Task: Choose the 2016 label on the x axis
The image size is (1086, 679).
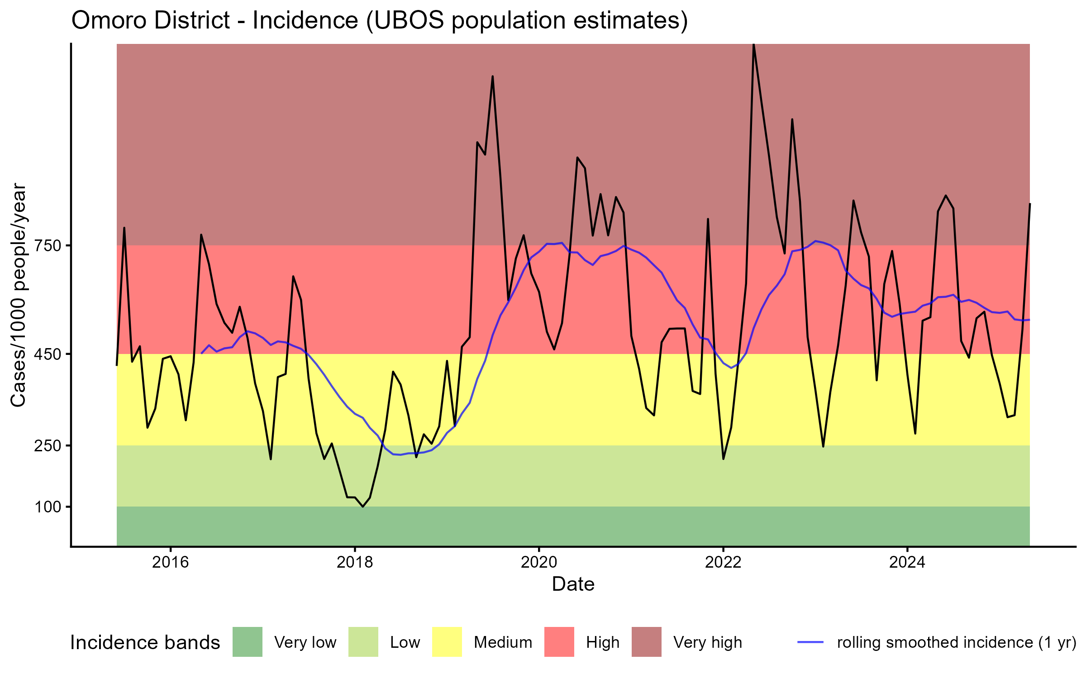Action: click(x=170, y=562)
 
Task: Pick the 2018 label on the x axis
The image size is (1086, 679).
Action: click(x=355, y=562)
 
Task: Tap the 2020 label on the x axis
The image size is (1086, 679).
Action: click(x=539, y=562)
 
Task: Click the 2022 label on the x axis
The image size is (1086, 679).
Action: click(x=723, y=562)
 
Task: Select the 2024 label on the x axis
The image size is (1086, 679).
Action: click(x=907, y=562)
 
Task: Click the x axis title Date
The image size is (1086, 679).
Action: click(x=573, y=584)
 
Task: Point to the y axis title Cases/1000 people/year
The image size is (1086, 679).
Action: click(x=18, y=295)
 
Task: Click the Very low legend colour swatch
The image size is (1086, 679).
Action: click(x=247, y=642)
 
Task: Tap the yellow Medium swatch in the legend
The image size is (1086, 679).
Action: click(x=447, y=642)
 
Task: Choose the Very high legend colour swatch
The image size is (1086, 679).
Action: click(x=646, y=642)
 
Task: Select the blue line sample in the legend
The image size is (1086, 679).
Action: click(x=810, y=642)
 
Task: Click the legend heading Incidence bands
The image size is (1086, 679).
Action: click(x=145, y=643)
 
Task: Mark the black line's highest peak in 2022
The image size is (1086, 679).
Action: click(x=753, y=45)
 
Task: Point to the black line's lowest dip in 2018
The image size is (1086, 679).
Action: click(x=362, y=507)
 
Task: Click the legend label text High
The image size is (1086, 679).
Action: click(x=602, y=642)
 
